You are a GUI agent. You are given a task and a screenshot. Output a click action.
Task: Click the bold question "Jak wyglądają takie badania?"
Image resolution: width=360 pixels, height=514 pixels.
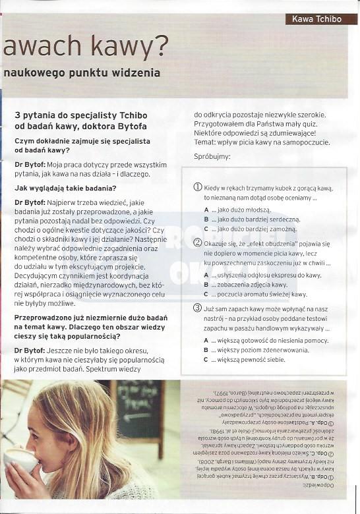65,188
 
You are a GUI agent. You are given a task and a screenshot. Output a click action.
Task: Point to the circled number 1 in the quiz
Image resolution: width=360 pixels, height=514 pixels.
197,187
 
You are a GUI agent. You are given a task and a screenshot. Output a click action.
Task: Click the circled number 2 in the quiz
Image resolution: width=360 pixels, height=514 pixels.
197,243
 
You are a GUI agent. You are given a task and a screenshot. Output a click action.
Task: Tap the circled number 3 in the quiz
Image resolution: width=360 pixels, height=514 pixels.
197,308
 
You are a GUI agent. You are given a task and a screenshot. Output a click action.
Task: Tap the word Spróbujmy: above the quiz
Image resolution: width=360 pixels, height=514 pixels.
212,157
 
